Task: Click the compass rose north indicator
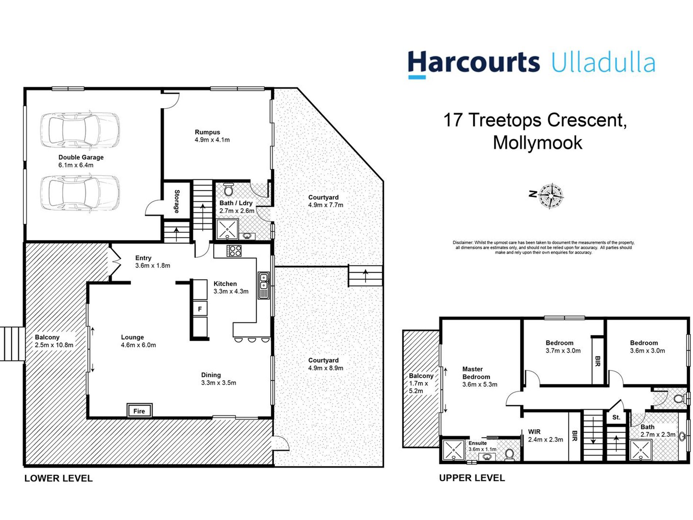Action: pos(551,196)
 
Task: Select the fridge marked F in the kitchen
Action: pos(200,309)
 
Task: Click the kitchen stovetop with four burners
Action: pos(234,251)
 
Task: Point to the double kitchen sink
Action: pos(264,285)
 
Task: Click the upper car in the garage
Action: pos(80,130)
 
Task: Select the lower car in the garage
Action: pos(80,192)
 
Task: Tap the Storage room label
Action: pos(177,201)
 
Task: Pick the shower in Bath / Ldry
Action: pos(227,229)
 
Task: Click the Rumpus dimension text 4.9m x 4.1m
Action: pos(212,140)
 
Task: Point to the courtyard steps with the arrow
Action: pos(365,276)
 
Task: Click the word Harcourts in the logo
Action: pos(473,63)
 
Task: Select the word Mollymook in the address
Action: pos(537,143)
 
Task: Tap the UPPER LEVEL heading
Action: pos(472,478)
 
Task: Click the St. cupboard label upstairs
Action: pos(616,417)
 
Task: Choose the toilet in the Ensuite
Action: pos(510,454)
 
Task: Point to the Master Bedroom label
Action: pos(476,373)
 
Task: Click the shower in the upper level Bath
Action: pos(641,450)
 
